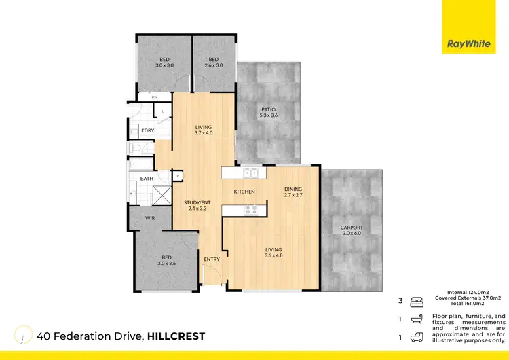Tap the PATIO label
click(269, 112)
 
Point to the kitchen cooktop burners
click(249, 210)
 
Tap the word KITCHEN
click(244, 192)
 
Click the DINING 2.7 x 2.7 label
click(293, 192)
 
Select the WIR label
click(151, 219)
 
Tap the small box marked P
click(178, 176)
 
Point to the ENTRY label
click(211, 259)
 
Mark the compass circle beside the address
click(24, 336)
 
